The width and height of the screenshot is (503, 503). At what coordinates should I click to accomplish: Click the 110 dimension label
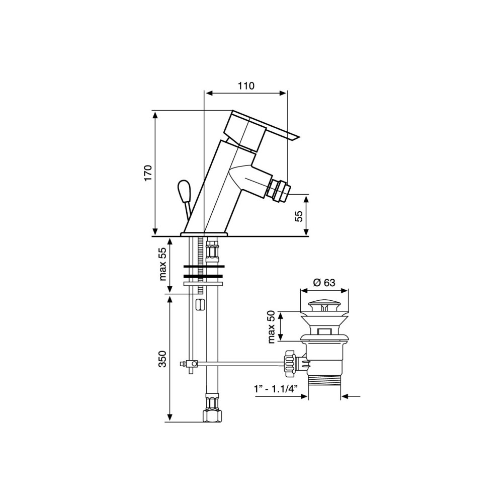click(x=246, y=86)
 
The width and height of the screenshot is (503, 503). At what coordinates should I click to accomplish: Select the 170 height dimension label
click(x=148, y=173)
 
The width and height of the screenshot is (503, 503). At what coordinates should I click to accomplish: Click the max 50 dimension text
click(x=272, y=327)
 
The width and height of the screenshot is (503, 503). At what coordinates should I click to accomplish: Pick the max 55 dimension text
click(x=163, y=264)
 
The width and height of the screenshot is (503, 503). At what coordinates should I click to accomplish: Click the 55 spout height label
click(x=299, y=216)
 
